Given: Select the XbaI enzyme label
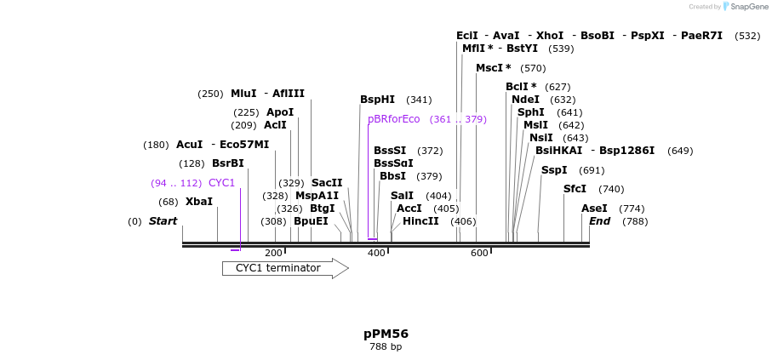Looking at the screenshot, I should [199, 202].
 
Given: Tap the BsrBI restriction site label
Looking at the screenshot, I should [227, 163].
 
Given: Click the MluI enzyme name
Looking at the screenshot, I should [243, 94].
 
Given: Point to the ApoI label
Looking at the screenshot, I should [279, 112].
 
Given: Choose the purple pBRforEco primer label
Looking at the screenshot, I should [394, 119].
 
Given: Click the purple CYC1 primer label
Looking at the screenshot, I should [221, 183].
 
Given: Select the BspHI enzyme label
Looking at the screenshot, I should [377, 100].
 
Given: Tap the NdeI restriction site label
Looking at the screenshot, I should [525, 100].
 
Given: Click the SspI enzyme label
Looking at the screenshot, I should [553, 170].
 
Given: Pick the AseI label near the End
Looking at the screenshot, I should [594, 209].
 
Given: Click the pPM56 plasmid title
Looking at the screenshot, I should [386, 334].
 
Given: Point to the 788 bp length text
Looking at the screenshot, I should [386, 347].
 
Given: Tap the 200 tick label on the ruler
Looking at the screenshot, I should [273, 254].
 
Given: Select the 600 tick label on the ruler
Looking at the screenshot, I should [479, 254].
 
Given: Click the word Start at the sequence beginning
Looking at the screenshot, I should [163, 221].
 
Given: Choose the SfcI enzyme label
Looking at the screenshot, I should [575, 189].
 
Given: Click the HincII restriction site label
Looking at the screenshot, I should [420, 221].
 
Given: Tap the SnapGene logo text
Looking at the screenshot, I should [746, 7].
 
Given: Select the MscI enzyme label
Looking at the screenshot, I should [493, 68].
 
